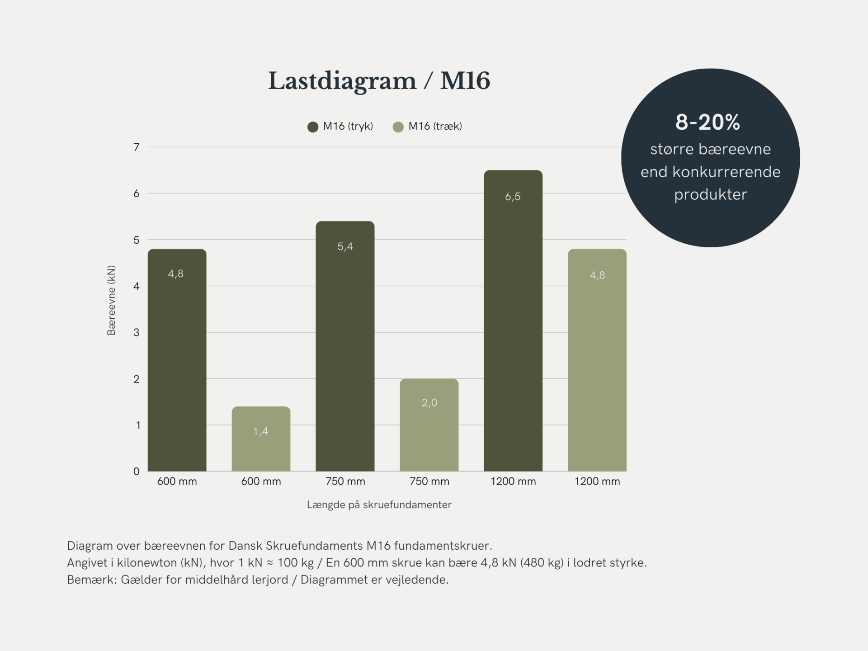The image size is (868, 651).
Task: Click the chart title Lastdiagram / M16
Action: (379, 81)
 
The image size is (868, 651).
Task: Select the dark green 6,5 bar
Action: (513, 321)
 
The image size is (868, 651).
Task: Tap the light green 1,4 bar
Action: (261, 439)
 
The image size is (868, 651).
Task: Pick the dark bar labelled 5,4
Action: (345, 346)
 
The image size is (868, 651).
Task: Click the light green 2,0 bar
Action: (429, 425)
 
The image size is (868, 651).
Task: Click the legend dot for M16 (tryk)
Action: (313, 127)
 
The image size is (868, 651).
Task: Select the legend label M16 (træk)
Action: (435, 127)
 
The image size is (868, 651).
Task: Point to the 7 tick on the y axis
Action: (136, 147)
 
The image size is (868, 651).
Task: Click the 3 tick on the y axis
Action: (136, 333)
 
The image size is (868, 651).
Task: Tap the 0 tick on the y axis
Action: (136, 472)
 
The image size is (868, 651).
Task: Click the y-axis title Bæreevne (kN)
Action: (111, 300)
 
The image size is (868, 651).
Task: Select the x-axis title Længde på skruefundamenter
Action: (379, 505)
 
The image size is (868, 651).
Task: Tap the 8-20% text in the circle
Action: (708, 123)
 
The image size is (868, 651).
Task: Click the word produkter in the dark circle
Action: (710, 195)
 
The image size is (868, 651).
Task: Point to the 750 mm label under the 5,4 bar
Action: (345, 481)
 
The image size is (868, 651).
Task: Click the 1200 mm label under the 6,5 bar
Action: (513, 481)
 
